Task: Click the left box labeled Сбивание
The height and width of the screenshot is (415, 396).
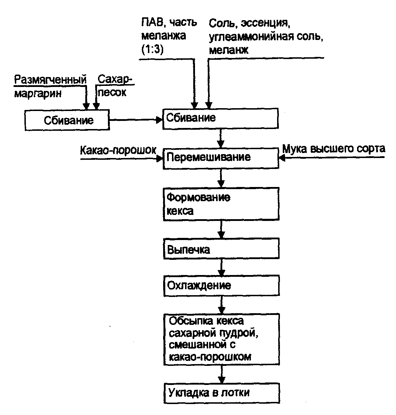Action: [x=67, y=121]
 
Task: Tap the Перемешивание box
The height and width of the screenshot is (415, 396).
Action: [x=220, y=158]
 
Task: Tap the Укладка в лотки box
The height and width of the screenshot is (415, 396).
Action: [x=220, y=393]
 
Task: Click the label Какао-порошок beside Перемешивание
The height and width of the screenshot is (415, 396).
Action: [x=118, y=150]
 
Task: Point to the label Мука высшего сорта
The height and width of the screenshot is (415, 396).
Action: [x=333, y=149]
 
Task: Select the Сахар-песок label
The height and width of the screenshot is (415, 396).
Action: [x=114, y=87]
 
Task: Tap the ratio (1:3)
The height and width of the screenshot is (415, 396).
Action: [x=152, y=50]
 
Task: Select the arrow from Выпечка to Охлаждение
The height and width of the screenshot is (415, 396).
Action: [x=221, y=267]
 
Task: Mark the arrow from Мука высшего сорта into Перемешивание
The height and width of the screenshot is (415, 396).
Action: [x=333, y=158]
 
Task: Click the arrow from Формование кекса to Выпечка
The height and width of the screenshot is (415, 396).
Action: [x=221, y=230]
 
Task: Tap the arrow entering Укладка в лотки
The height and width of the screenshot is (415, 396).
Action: [x=222, y=374]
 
